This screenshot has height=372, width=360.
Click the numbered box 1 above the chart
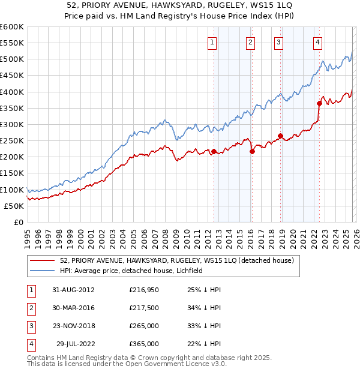pos(214,42)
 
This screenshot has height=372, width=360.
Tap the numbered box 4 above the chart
pos(317,42)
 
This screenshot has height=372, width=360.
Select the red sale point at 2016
pos(252,151)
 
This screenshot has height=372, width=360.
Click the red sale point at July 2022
pos(319,103)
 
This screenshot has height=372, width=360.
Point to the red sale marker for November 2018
pos(280,136)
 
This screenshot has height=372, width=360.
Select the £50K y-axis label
pos(14,206)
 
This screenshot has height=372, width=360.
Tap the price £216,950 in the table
pos(144,289)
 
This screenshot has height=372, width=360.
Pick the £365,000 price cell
pos(144,344)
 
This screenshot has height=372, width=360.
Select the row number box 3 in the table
pos(31,326)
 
